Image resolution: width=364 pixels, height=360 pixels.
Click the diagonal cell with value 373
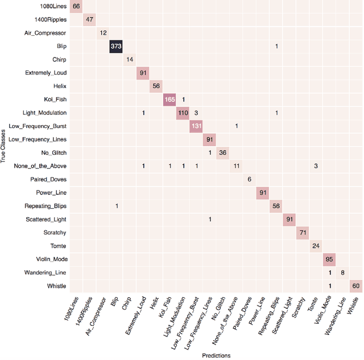pos(117,46)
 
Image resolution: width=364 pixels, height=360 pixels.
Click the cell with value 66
pos(76,6)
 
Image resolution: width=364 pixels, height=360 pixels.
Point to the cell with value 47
pos(90,19)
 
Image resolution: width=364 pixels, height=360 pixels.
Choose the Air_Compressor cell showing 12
pos(103,33)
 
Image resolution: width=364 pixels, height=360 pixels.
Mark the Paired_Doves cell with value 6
pos(249,179)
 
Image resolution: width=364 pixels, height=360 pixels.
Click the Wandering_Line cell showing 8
pos(342,272)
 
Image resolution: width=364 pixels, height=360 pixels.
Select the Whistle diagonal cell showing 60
pos(355,285)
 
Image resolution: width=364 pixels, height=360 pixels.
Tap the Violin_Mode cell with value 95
pos(329,259)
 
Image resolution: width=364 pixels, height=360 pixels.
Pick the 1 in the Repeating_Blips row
pos(117,206)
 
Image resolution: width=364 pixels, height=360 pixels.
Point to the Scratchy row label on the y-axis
pos(55,233)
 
